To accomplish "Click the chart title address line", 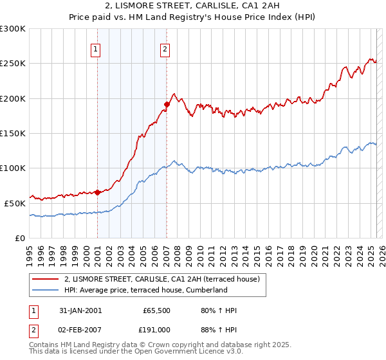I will pos(192,6).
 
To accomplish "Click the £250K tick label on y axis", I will pos(13,64).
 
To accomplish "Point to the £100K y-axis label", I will pos(13,168).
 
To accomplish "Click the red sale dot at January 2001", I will pos(97,192).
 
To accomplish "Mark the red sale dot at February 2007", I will pos(167,104).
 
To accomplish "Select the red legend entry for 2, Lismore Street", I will pos(161,279).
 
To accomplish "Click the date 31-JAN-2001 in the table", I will pos(80,310).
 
